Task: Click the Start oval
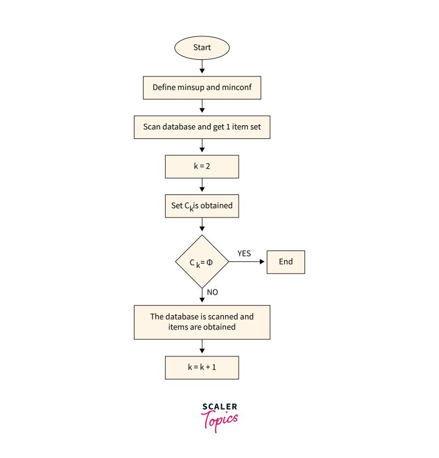coord(202,48)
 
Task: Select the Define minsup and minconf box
coord(202,87)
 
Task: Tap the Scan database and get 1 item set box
coord(202,127)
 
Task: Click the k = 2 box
coord(202,166)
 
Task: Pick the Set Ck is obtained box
coord(202,206)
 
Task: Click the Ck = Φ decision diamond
coord(202,262)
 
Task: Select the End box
coord(285,262)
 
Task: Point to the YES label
coord(244,253)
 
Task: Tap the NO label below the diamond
coord(212,292)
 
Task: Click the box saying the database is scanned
coord(202,322)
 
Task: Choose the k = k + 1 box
coord(202,367)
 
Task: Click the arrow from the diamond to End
coord(247,262)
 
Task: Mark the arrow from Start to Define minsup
coord(202,67)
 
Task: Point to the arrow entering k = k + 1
coord(202,347)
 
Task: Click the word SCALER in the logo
coord(219,407)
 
